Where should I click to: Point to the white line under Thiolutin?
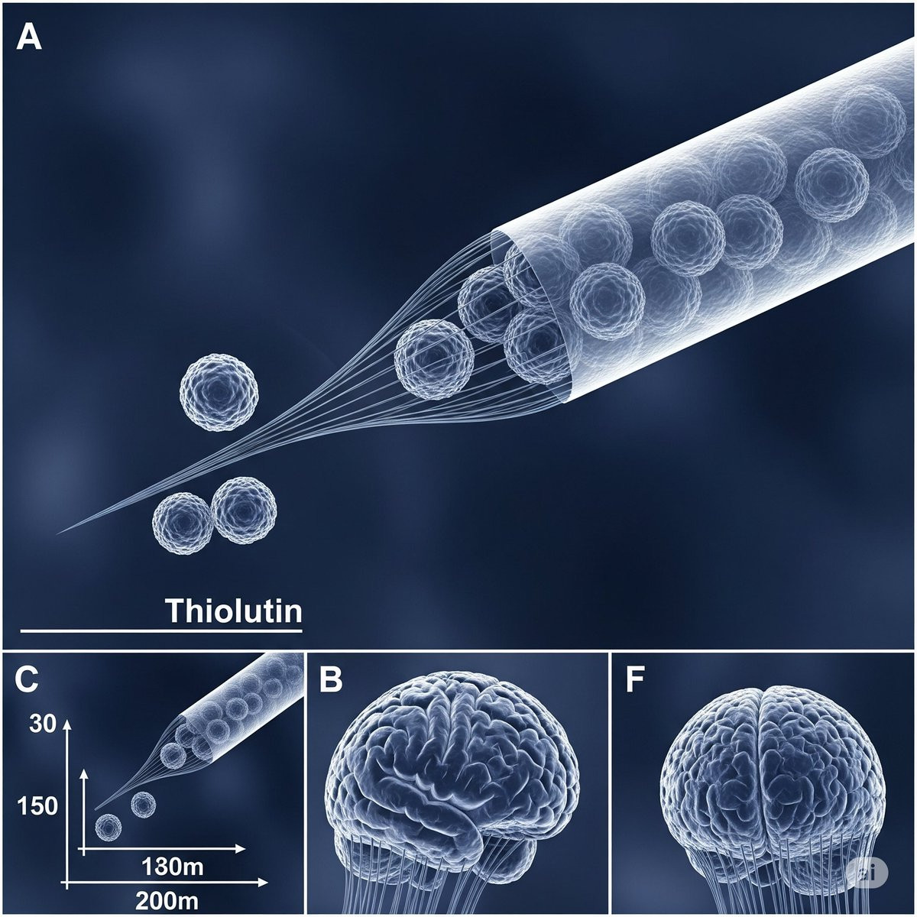pyautogui.click(x=161, y=631)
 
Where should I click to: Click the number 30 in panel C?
pyautogui.click(x=43, y=724)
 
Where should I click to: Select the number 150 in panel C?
pyautogui.click(x=37, y=806)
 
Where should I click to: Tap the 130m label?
pyautogui.click(x=173, y=867)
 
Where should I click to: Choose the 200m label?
pyautogui.click(x=167, y=901)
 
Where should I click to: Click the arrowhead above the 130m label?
pyautogui.click(x=240, y=849)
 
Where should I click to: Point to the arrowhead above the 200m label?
pyautogui.click(x=262, y=883)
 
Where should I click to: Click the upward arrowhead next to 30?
pyautogui.click(x=66, y=725)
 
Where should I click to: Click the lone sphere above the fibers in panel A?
pyautogui.click(x=219, y=392)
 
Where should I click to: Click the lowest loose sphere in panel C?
pyautogui.click(x=109, y=828)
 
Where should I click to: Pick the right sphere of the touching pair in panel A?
pyautogui.click(x=244, y=510)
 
